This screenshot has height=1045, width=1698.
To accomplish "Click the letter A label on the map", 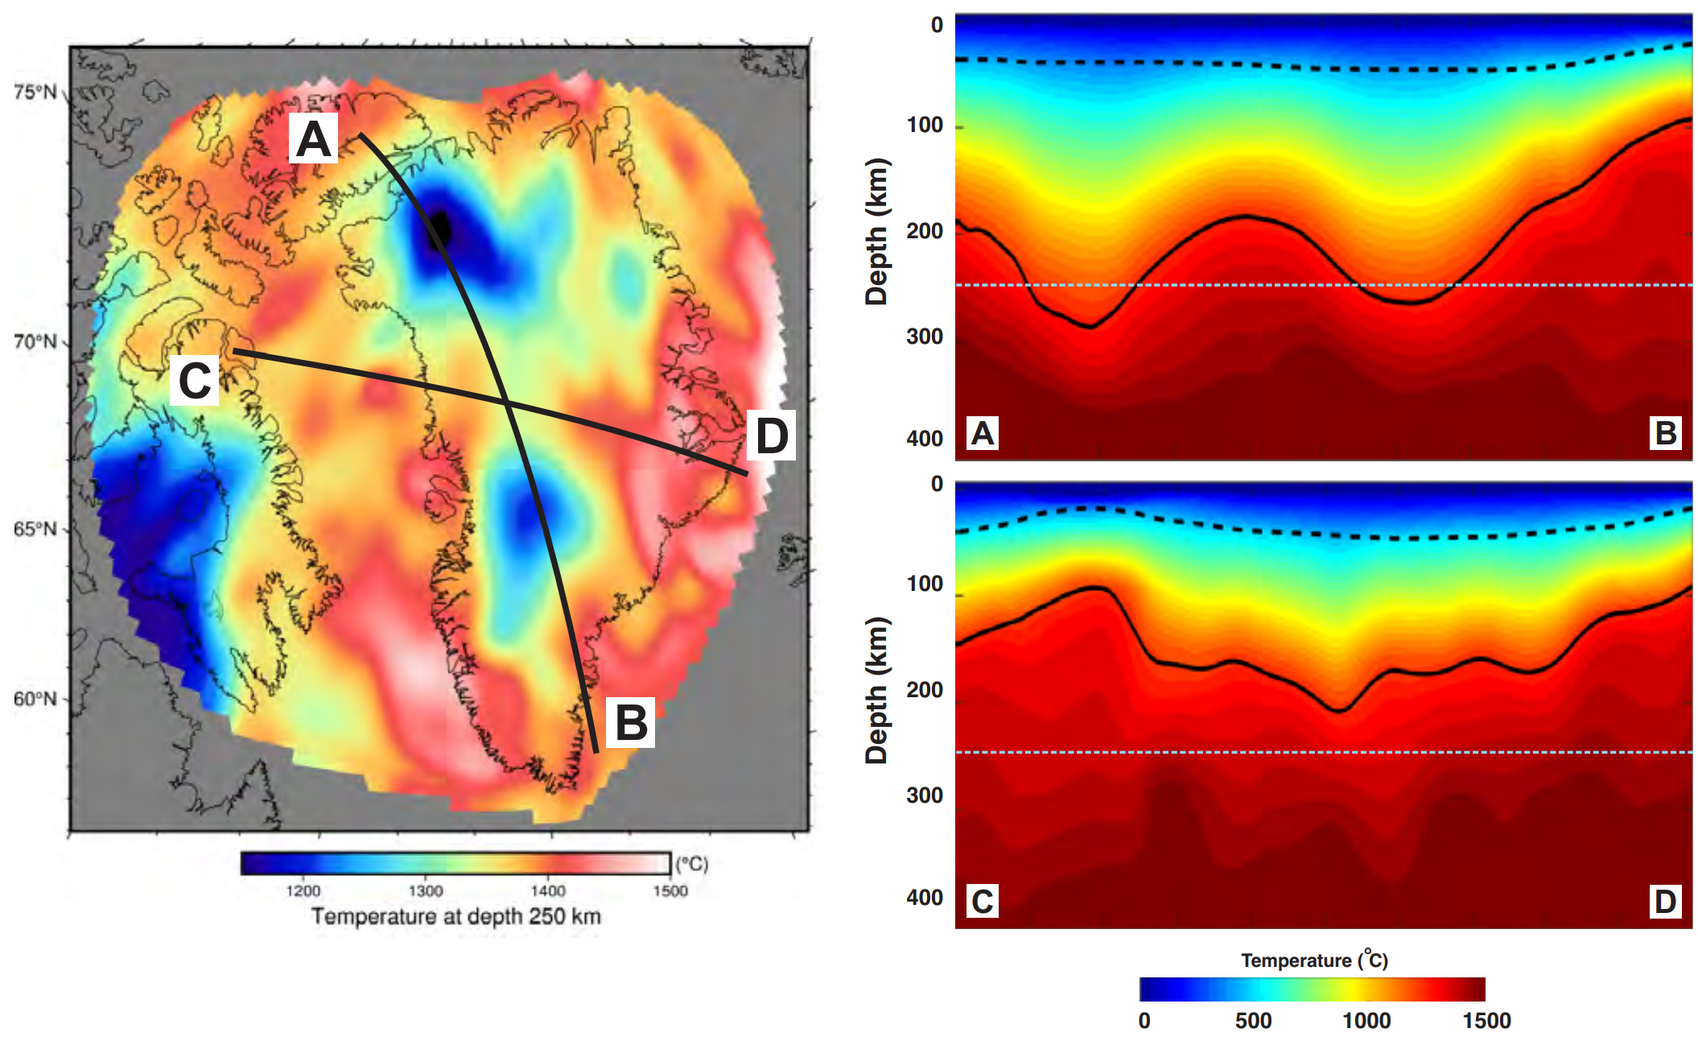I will click(313, 139).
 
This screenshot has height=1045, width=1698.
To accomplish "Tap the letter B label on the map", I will click(630, 722).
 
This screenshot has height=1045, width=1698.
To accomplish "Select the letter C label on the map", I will click(195, 380).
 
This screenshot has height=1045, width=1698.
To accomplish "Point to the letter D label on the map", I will click(771, 436).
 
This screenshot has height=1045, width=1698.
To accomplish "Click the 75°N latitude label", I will click(35, 92).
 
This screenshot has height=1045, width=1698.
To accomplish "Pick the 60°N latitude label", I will click(35, 699).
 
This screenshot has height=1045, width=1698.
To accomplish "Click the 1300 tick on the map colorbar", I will click(425, 891).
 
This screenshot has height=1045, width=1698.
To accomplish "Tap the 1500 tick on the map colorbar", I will click(670, 891).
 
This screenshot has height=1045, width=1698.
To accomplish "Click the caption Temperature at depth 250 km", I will click(455, 916).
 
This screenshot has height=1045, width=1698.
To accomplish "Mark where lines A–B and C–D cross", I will click(507, 403).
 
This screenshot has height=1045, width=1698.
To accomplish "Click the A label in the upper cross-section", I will click(983, 433).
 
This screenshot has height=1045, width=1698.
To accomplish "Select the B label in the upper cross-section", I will click(1665, 433).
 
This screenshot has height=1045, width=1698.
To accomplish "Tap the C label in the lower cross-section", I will click(983, 901).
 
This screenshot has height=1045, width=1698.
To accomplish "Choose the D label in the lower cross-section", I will click(1665, 901).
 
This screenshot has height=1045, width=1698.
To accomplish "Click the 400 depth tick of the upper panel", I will click(925, 439).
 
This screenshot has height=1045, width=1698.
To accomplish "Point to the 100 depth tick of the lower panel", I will click(925, 584).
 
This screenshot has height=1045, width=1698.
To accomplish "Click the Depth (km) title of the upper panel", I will click(876, 232).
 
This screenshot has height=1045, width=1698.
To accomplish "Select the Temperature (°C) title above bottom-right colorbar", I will click(1314, 960).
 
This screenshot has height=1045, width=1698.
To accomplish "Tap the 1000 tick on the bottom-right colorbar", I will click(1366, 1021).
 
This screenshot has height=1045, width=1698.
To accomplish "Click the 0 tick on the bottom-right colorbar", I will click(1144, 1021).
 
